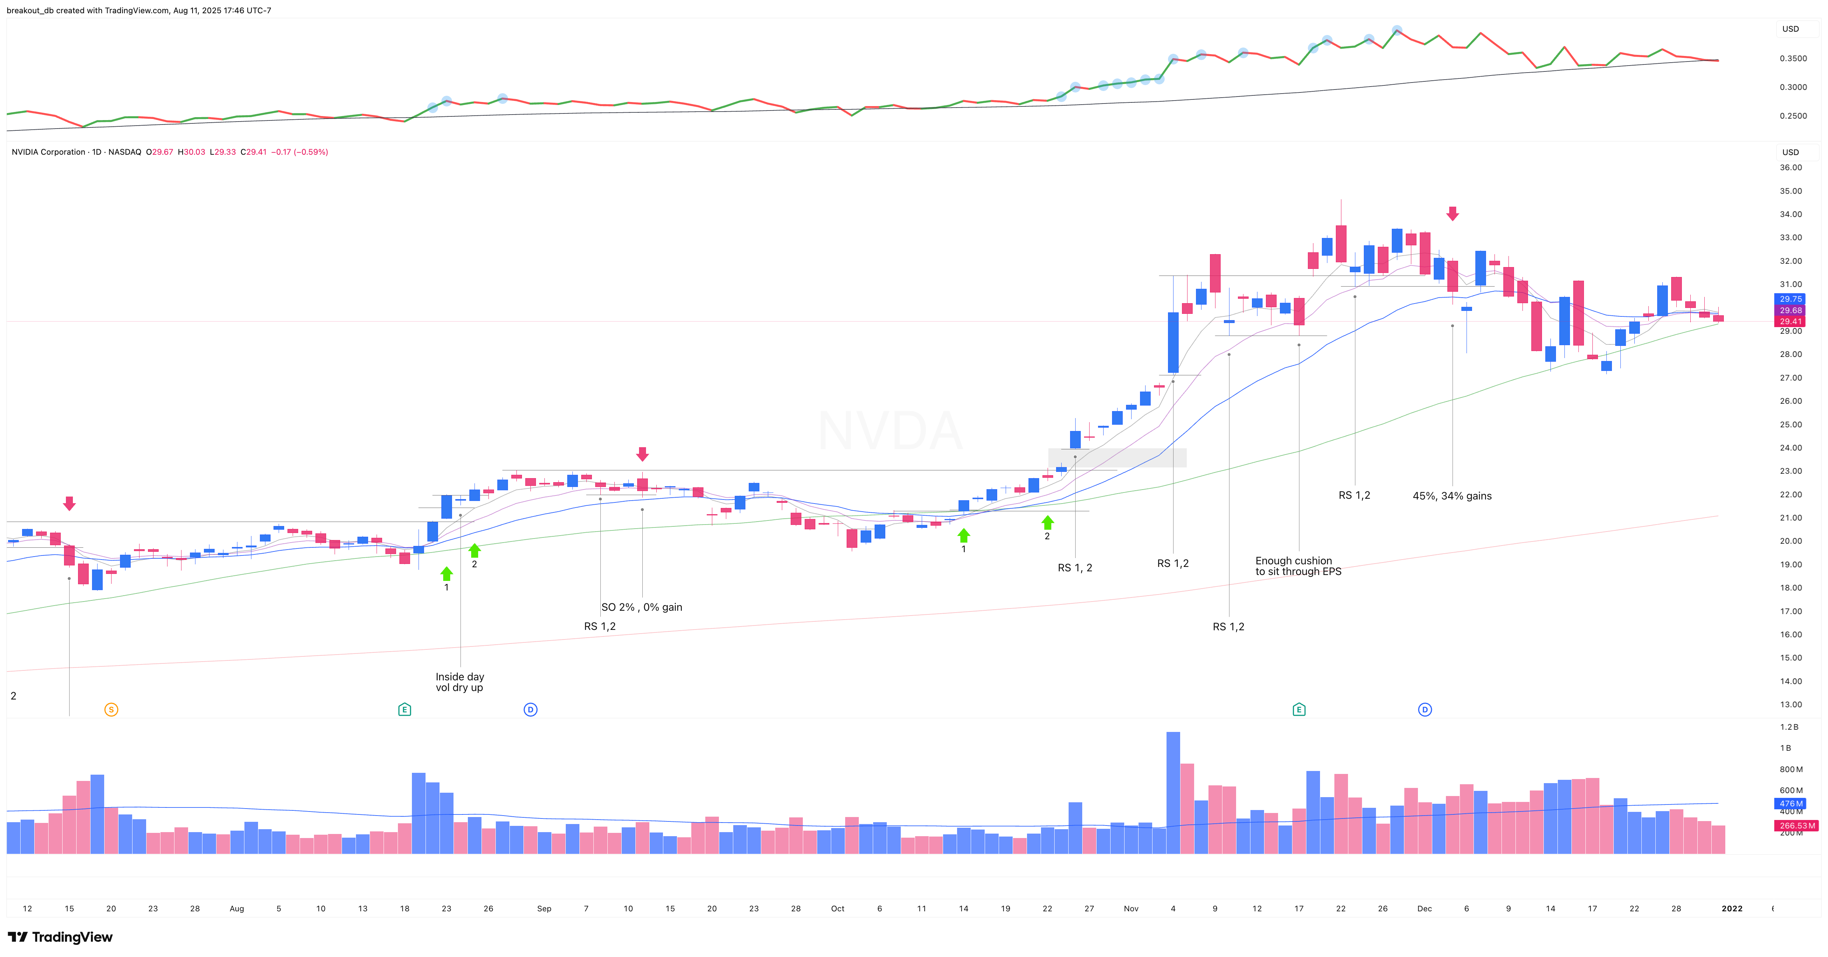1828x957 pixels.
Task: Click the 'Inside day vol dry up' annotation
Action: tap(459, 681)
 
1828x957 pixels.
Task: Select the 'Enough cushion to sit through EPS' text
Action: tap(1297, 566)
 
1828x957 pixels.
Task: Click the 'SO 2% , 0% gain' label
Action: tap(642, 607)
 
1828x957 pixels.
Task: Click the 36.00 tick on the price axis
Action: tap(1790, 168)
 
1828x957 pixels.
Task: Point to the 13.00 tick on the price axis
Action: tap(1790, 704)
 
